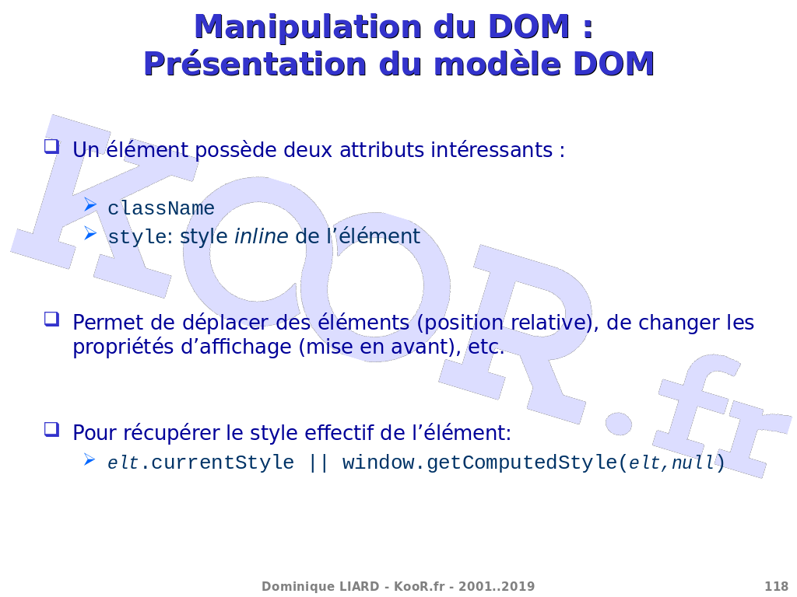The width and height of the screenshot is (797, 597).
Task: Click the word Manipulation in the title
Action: [x=309, y=27]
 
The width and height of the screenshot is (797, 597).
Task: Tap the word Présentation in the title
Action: [x=255, y=65]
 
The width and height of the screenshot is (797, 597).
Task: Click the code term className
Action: [x=161, y=208]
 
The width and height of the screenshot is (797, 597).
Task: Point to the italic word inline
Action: [x=262, y=236]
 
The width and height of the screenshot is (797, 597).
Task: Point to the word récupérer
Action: [x=172, y=433]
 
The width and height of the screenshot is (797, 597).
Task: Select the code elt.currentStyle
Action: [x=201, y=463]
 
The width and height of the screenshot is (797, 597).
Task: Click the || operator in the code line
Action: [x=318, y=463]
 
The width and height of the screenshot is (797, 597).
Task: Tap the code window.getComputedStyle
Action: [x=479, y=463]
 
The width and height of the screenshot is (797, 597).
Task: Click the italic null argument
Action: [x=693, y=463]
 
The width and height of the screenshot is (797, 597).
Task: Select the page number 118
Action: [x=776, y=586]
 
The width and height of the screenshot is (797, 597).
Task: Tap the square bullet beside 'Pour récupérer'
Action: [x=52, y=429]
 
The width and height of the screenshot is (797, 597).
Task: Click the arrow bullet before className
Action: [x=90, y=204]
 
